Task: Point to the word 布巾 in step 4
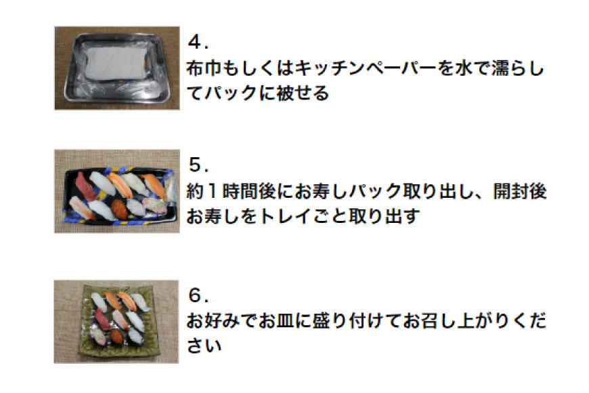pyautogui.click(x=204, y=68)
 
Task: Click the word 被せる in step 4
pyautogui.click(x=303, y=93)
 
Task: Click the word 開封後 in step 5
pyautogui.click(x=519, y=192)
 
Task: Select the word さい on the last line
pyautogui.click(x=204, y=346)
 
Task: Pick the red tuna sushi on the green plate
pyautogui.click(x=102, y=319)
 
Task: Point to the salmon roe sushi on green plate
pyautogui.click(x=117, y=336)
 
